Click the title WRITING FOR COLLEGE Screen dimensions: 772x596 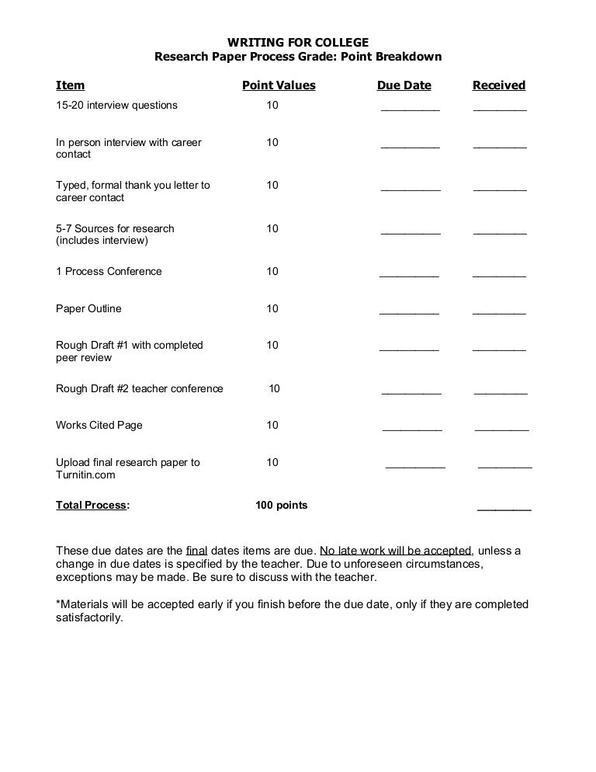[298, 42]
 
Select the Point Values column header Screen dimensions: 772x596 [279, 85]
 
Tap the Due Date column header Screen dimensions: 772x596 [404, 85]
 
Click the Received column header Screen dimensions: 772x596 [499, 85]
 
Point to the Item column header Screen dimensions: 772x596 [70, 85]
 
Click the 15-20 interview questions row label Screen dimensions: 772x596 [116, 105]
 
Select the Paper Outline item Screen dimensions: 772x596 [88, 308]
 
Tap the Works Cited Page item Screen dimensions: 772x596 [99, 425]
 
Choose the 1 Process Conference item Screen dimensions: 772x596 [109, 271]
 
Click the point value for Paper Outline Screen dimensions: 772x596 [272, 308]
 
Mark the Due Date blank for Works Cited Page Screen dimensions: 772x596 [412, 427]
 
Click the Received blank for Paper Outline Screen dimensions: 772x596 [499, 311]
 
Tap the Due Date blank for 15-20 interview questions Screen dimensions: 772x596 [410, 107]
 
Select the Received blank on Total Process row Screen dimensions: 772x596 [504, 507]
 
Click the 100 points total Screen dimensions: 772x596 [281, 505]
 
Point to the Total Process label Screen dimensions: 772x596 [92, 505]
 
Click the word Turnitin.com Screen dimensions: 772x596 [85, 475]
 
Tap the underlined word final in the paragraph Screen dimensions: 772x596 [197, 551]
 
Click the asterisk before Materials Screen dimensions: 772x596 [58, 603]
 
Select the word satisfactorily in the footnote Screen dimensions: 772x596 [88, 618]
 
